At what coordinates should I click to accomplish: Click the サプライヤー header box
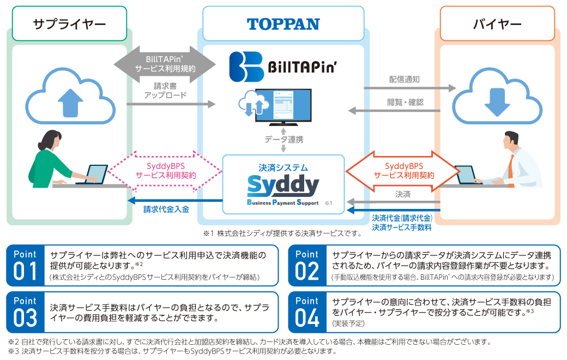(x=69, y=23)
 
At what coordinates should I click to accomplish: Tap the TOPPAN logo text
(x=283, y=24)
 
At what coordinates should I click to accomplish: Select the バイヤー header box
(x=497, y=23)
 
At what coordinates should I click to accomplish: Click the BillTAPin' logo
(x=283, y=67)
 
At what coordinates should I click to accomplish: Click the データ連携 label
(x=284, y=140)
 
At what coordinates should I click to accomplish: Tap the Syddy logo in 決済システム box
(x=283, y=187)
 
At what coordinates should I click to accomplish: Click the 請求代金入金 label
(x=166, y=209)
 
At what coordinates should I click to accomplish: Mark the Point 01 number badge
(x=25, y=265)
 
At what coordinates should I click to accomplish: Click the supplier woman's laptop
(x=94, y=175)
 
